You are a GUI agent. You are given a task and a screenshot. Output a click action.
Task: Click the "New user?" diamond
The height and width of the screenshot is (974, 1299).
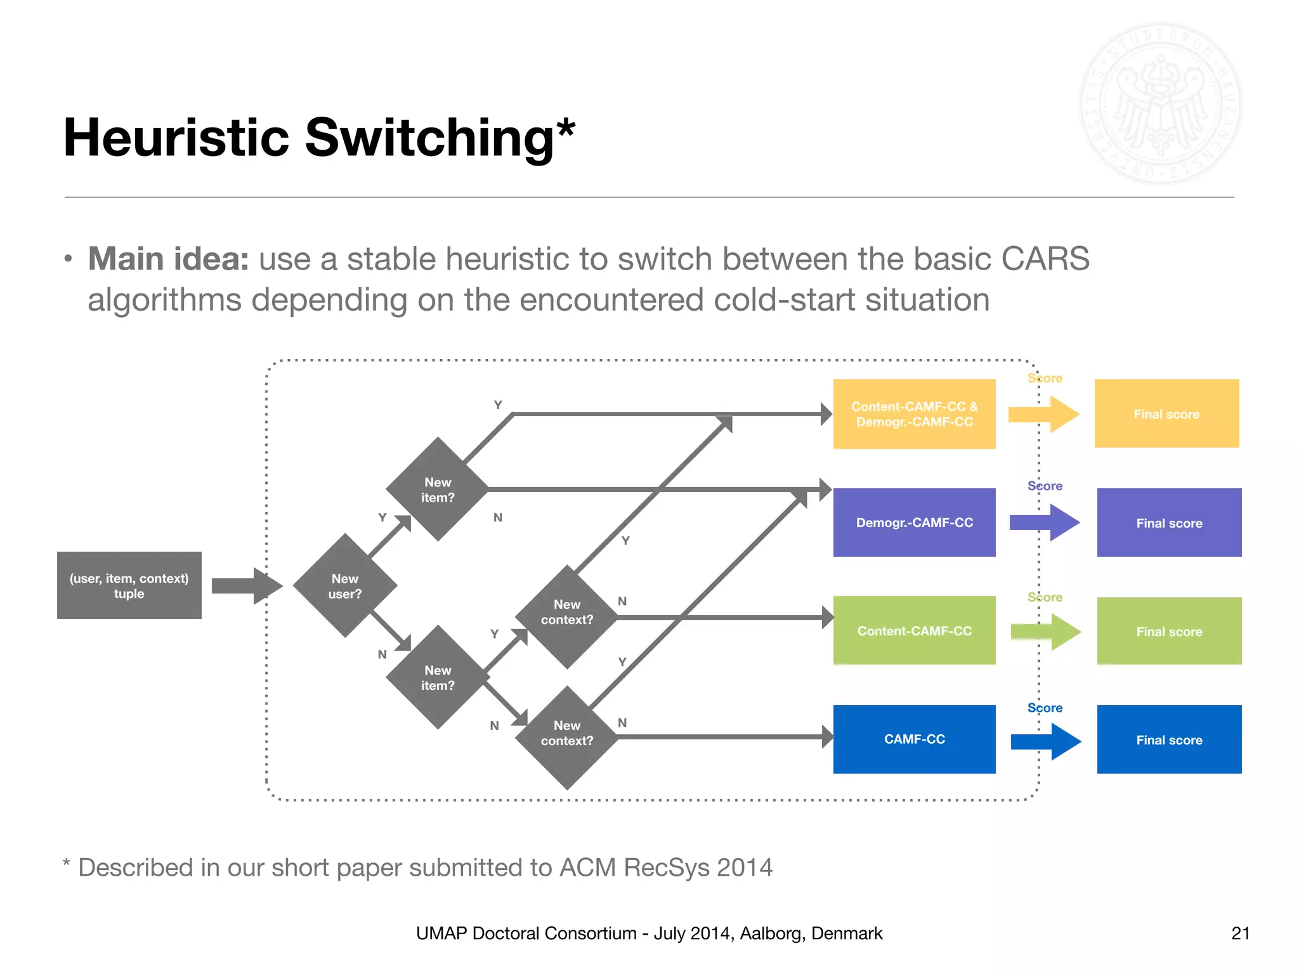pyautogui.click(x=345, y=585)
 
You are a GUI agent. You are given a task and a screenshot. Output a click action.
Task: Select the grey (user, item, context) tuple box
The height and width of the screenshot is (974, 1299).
pyautogui.click(x=129, y=585)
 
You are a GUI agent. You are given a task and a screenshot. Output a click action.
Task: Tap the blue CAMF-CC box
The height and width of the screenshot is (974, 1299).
pyautogui.click(x=914, y=739)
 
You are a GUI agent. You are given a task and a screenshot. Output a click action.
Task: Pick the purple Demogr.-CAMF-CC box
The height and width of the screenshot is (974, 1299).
pyautogui.click(x=914, y=522)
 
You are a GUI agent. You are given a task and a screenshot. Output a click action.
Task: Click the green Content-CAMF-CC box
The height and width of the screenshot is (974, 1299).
pyautogui.click(x=914, y=630)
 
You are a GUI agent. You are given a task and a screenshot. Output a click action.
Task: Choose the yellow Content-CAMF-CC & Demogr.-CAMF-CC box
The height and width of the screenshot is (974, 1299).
pyautogui.click(x=914, y=413)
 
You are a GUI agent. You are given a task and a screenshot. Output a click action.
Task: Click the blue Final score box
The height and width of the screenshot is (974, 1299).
pyautogui.click(x=1169, y=739)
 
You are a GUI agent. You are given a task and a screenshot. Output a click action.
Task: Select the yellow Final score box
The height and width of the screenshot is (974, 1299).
pyautogui.click(x=1166, y=413)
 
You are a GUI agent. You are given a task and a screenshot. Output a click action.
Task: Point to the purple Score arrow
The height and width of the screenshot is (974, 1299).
pyautogui.click(x=1045, y=523)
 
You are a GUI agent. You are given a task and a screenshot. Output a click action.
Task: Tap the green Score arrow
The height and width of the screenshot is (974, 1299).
pyautogui.click(x=1046, y=632)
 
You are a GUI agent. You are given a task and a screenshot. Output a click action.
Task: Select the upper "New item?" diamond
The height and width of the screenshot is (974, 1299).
pyautogui.click(x=438, y=489)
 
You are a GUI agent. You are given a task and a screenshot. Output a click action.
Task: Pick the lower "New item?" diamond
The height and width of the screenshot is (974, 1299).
pyautogui.click(x=438, y=677)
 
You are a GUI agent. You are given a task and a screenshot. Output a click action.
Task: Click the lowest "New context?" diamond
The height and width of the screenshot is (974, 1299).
pyautogui.click(x=567, y=737)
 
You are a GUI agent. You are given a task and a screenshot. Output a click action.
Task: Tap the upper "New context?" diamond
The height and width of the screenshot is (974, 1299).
pyautogui.click(x=567, y=616)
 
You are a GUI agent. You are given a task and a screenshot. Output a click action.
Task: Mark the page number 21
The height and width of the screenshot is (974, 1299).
pyautogui.click(x=1240, y=933)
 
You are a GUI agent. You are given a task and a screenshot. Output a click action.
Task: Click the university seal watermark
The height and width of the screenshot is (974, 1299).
pyautogui.click(x=1160, y=103)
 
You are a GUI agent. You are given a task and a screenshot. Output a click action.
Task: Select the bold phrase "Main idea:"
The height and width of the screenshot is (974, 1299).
pyautogui.click(x=168, y=259)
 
